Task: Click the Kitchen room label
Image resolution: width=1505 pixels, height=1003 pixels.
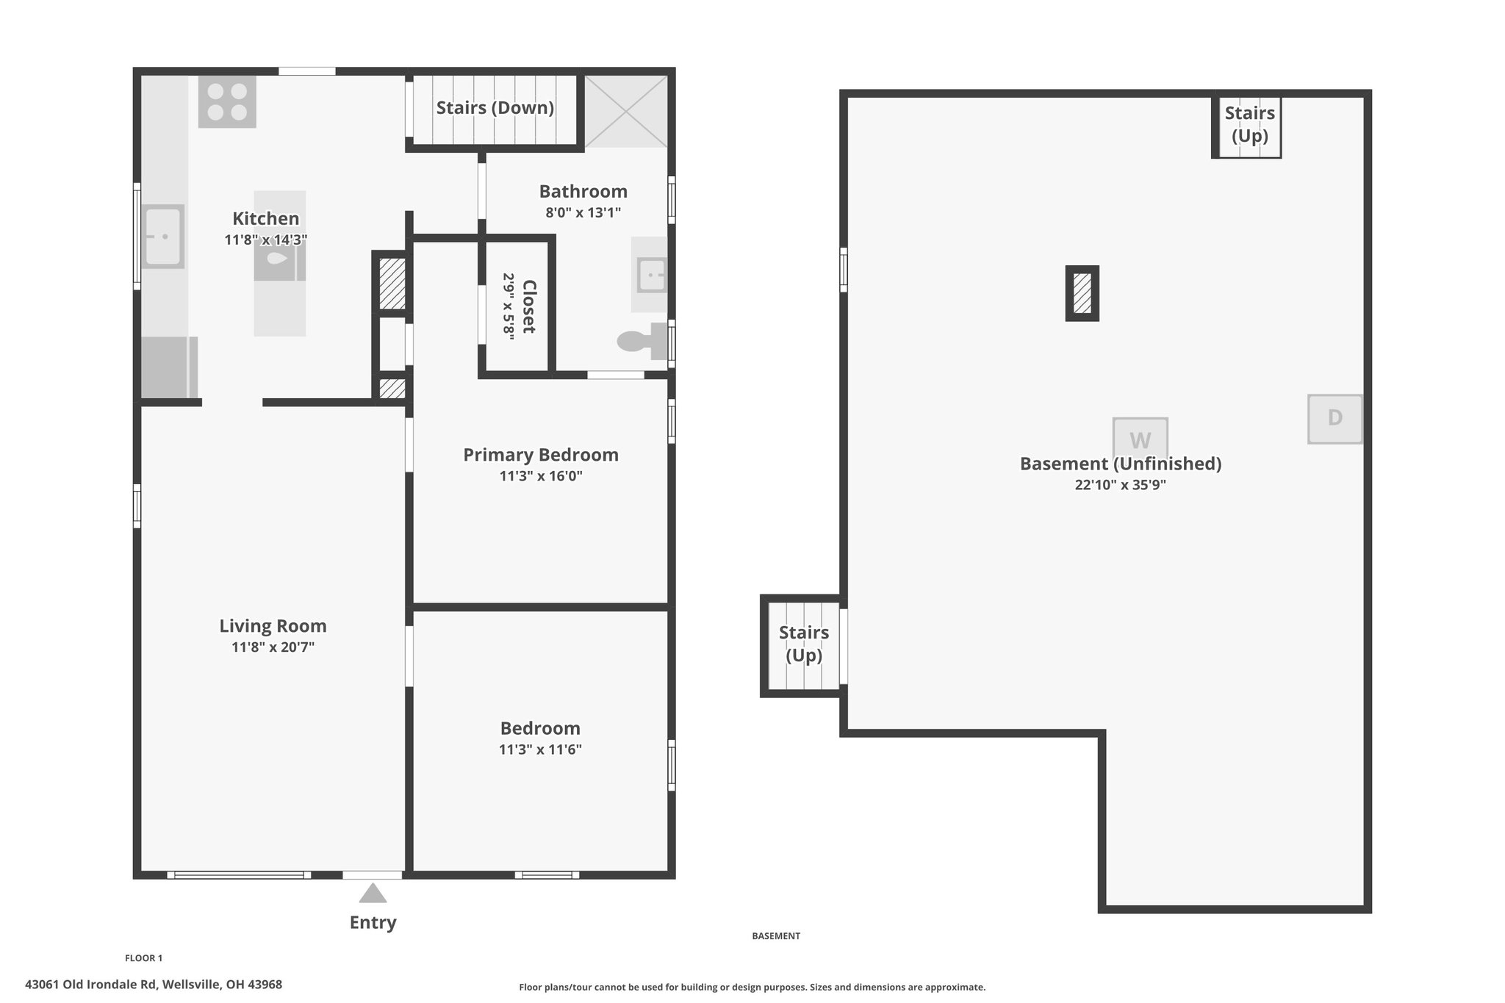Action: pos(265,218)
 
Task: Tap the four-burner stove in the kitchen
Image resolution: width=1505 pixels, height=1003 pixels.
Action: pos(227,102)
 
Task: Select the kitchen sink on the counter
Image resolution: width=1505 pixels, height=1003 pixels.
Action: pos(162,237)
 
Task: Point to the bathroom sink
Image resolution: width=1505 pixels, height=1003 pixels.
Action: pos(651,275)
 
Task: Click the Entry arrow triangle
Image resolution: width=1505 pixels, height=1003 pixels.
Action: pos(373,894)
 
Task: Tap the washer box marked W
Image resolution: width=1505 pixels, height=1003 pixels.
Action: pos(1140,440)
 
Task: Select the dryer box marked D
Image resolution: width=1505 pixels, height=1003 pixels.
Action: pos(1335,419)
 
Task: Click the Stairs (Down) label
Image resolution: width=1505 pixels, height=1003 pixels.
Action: pos(495,108)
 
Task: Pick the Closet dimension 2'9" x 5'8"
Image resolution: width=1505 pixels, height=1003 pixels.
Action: pos(509,305)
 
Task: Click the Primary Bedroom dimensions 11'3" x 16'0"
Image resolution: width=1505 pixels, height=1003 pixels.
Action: pos(541,476)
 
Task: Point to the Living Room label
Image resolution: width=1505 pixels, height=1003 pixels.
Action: pos(273,626)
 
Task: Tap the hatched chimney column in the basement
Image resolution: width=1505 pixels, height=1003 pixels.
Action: pos(1082,293)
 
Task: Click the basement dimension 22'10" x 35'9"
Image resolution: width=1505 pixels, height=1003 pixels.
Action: pos(1120,485)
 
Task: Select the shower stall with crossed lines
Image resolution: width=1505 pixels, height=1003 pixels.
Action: pos(626,110)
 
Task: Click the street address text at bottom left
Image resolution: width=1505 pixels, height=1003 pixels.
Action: pos(154,985)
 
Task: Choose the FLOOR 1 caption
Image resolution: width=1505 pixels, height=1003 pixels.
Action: pos(143,958)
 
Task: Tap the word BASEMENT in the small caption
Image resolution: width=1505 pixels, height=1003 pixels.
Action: pos(775,936)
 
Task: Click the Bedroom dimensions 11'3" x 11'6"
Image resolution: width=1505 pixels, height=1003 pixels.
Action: pos(540,749)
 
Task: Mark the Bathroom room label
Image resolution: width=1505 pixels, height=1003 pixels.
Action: pos(583,192)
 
